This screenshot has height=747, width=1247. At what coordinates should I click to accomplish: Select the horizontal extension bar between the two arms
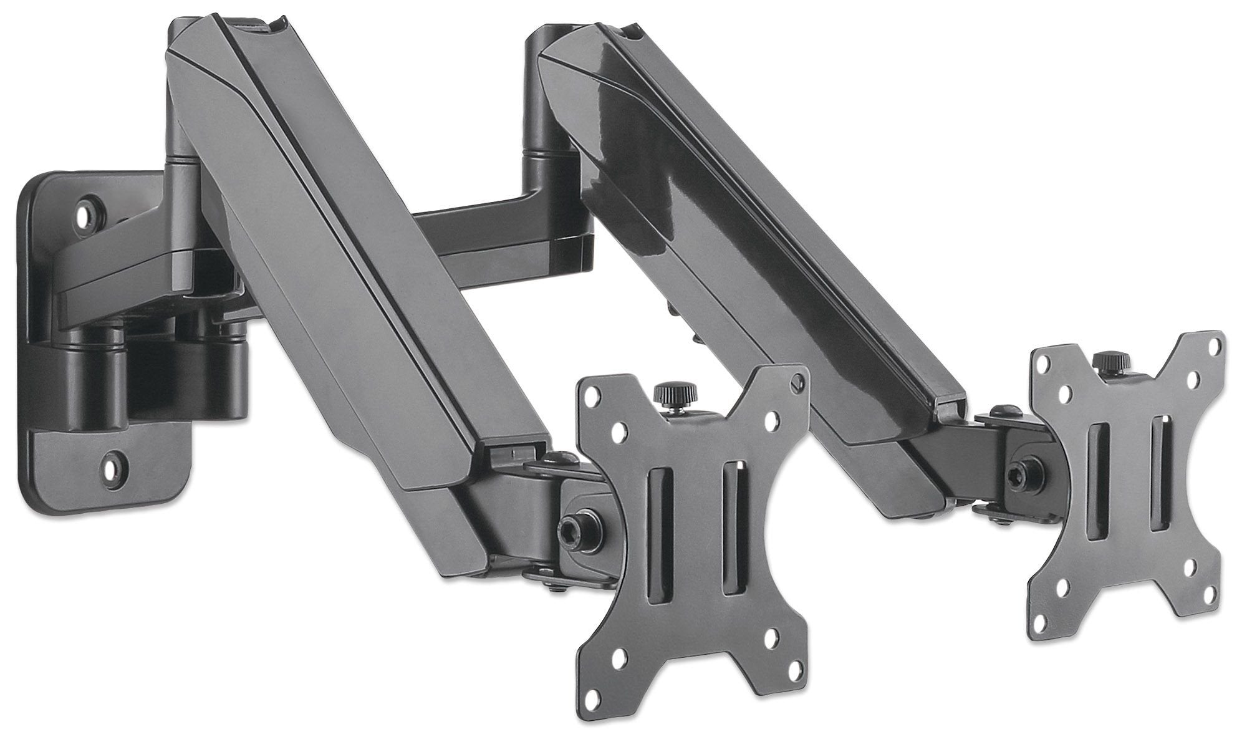pos(474,228)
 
